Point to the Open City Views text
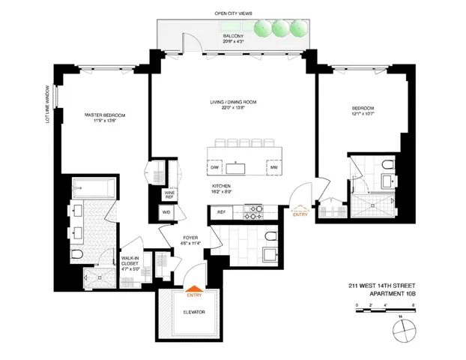click(230, 13)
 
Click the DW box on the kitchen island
click(214, 167)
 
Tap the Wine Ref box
click(170, 194)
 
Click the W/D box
click(166, 211)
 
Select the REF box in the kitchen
click(222, 212)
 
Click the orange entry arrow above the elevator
click(193, 286)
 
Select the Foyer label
click(190, 241)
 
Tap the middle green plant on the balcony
click(281, 28)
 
